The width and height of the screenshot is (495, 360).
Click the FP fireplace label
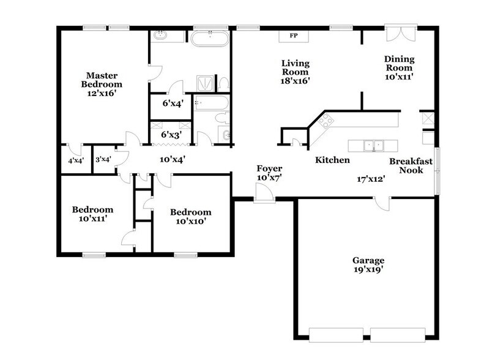293,36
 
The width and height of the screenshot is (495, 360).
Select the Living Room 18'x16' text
295,72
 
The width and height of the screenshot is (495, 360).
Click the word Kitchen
332,160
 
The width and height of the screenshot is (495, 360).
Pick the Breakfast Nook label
411,166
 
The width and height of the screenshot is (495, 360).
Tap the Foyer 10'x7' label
269,173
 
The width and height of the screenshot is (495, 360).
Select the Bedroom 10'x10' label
190,217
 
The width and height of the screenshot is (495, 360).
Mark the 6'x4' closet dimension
171,104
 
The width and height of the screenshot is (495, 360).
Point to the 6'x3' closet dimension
171,134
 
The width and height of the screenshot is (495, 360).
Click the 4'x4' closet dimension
76,160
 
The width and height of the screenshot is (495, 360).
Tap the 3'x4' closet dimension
103,160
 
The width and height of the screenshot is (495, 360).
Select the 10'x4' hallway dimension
173,159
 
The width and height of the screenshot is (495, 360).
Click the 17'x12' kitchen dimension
371,179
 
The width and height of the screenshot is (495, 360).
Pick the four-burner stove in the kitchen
325,120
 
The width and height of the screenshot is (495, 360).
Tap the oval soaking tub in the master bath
210,39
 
